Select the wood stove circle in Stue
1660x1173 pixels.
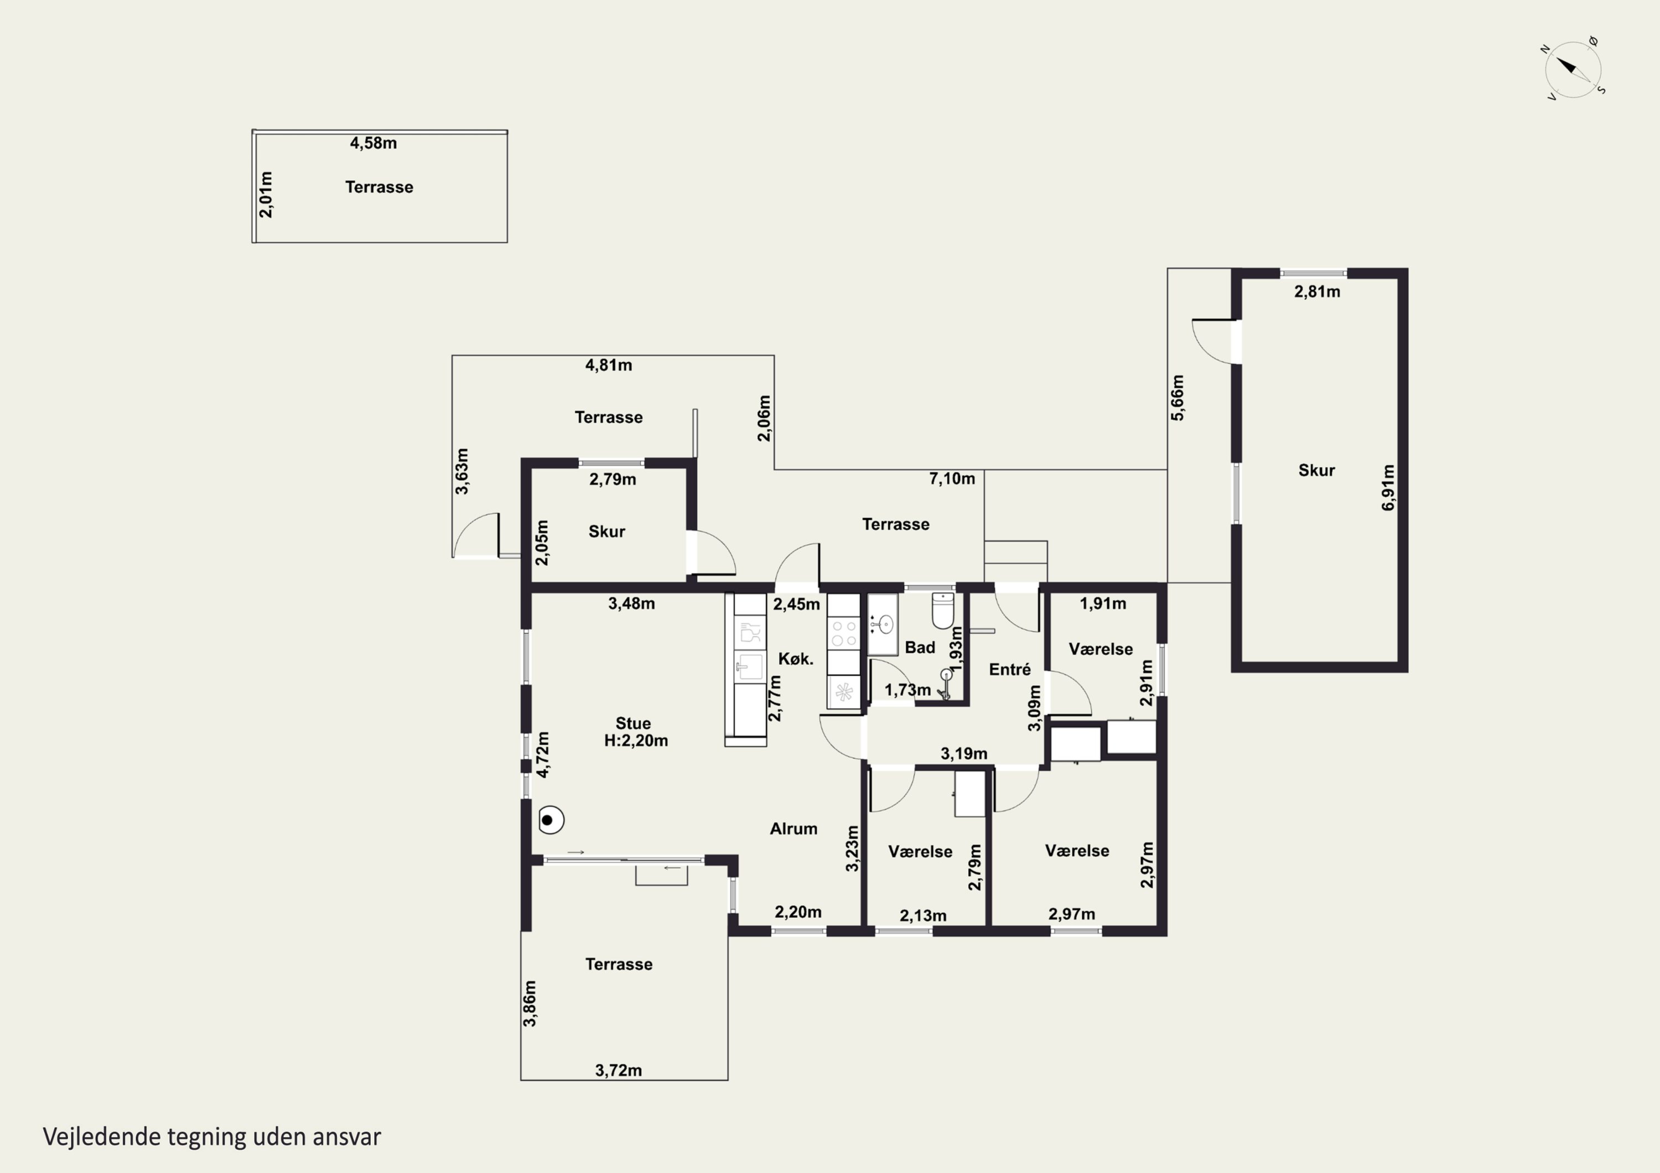coord(551,820)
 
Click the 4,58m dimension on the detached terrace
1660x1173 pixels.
coord(373,143)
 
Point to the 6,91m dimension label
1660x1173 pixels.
coord(1388,488)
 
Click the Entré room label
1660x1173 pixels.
coord(1009,669)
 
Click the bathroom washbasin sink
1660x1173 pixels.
coord(883,624)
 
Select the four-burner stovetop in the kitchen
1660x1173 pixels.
coord(843,633)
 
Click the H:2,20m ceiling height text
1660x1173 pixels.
coord(636,741)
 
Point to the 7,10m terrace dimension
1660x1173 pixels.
coord(952,478)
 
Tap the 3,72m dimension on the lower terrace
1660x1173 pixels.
coord(618,1070)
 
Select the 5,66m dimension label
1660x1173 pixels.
coord(1177,398)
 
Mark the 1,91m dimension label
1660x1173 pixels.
coord(1103,603)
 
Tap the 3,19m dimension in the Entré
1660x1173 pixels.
coord(964,754)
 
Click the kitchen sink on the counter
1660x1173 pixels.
coord(750,666)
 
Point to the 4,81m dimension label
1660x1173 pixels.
coord(608,365)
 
